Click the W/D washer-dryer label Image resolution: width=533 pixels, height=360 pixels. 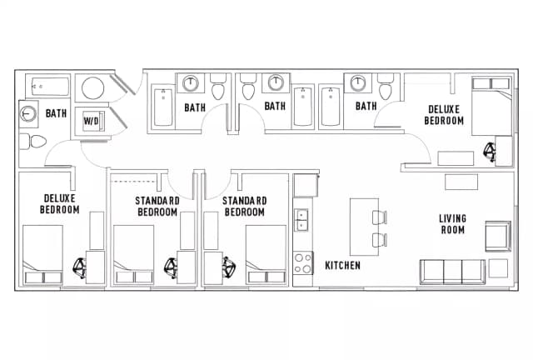[90, 120]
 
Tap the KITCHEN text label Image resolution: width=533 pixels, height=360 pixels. [342, 266]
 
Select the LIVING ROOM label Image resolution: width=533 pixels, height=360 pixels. [452, 224]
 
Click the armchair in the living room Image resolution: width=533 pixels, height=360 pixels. [498, 236]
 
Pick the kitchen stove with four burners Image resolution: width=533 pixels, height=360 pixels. [303, 265]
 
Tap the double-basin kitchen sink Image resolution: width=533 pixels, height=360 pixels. [303, 220]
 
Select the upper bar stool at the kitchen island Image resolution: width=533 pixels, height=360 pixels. [379, 218]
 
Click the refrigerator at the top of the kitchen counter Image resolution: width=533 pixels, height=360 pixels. [306, 185]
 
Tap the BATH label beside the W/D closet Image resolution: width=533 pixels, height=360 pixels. [56, 113]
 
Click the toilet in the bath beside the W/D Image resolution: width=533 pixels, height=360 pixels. [35, 142]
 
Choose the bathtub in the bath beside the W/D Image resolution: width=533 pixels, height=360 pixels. [49, 86]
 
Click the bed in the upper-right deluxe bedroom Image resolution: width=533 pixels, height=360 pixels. [491, 105]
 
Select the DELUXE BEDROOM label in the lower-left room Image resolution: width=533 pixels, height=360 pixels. [59, 204]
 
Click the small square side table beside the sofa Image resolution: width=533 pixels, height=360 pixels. [499, 268]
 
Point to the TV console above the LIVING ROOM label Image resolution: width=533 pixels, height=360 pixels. [461, 181]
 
